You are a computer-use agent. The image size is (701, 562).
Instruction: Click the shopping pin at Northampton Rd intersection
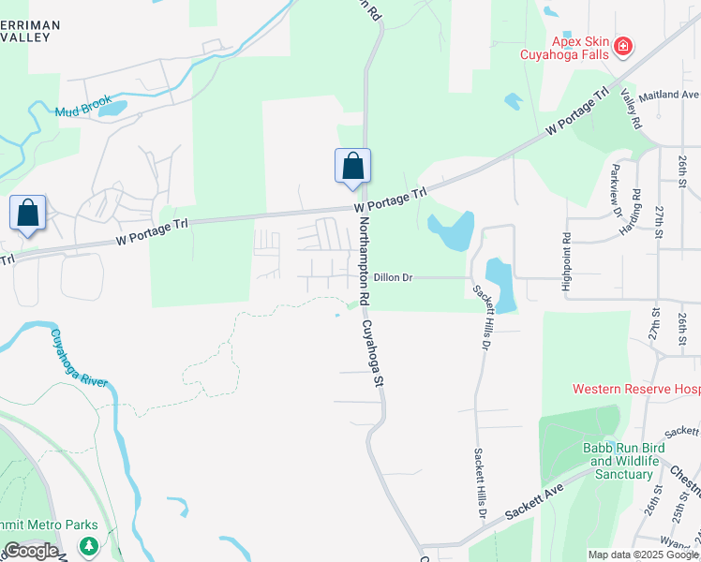[x=352, y=167]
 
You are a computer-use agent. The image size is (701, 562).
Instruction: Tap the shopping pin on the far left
[x=28, y=213]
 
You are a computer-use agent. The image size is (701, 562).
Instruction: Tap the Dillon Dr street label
[x=399, y=277]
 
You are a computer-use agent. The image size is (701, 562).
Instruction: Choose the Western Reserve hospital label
[x=636, y=388]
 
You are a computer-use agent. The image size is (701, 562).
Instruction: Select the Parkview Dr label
[x=615, y=191]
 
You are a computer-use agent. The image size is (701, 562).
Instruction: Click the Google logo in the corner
[x=30, y=551]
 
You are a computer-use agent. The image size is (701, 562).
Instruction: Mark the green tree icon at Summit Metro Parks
[x=89, y=545]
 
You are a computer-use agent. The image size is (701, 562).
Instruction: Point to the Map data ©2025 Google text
[x=644, y=555]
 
